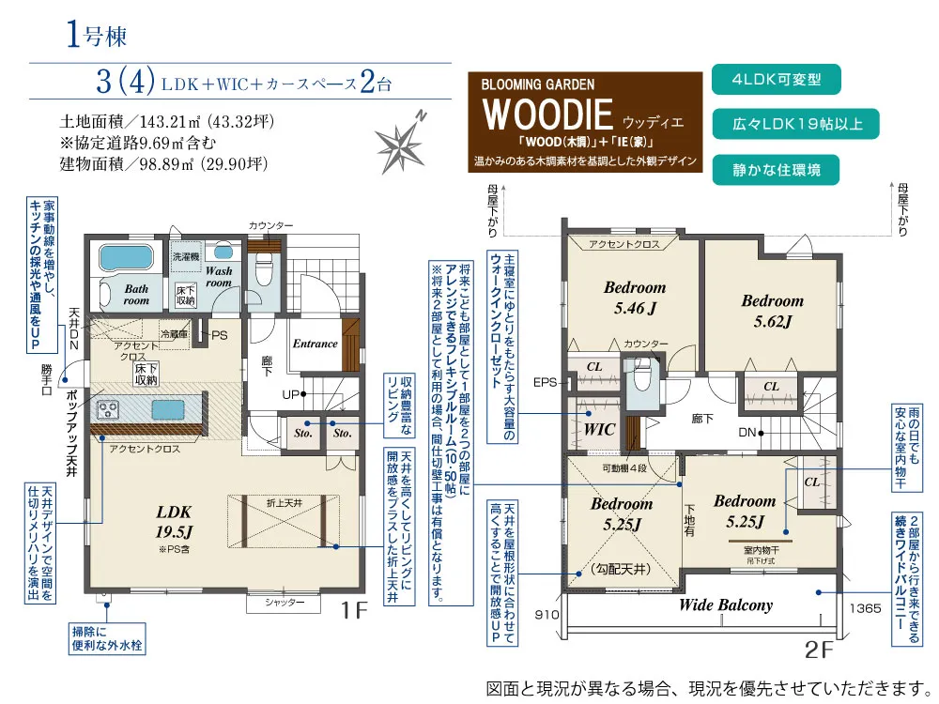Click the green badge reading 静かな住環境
click(775, 170)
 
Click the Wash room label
click(219, 276)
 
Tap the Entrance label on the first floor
click(315, 344)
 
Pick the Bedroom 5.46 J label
click(634, 297)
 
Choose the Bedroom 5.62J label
click(772, 311)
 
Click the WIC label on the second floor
click(599, 429)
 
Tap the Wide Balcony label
click(725, 605)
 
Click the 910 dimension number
click(547, 615)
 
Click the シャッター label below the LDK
click(285, 601)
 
